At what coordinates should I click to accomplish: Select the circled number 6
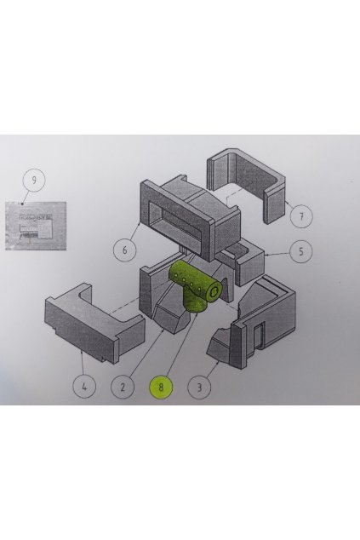point(125,250)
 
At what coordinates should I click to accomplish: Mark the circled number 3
point(198,387)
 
